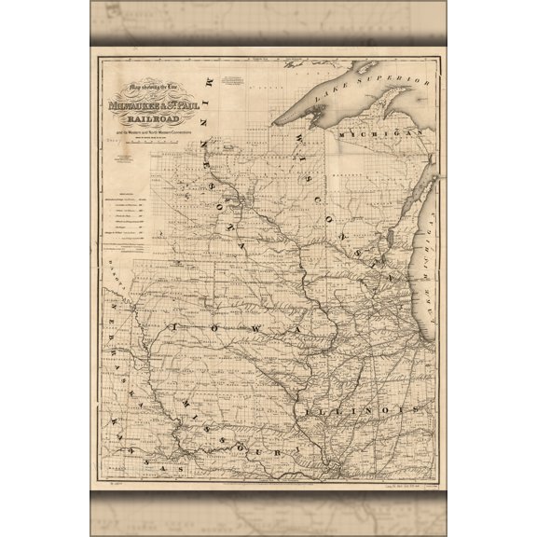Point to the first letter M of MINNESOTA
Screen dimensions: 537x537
pyautogui.click(x=213, y=82)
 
